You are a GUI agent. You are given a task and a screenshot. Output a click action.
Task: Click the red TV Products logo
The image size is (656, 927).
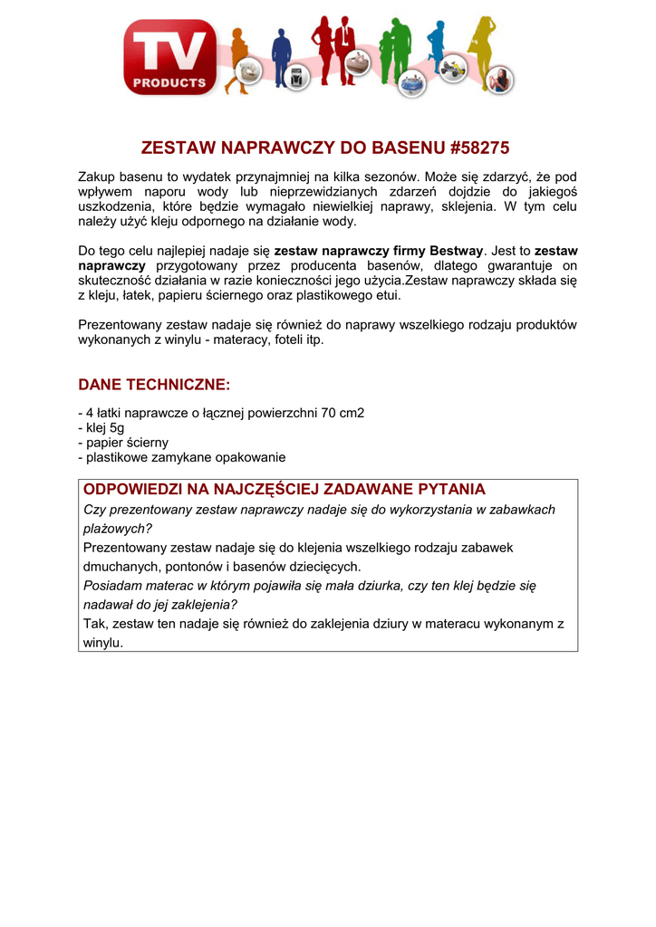coord(170,57)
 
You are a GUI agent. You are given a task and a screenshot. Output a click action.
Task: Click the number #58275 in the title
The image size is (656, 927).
coord(476,147)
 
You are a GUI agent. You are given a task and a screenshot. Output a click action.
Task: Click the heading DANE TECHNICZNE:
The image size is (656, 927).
coord(154,385)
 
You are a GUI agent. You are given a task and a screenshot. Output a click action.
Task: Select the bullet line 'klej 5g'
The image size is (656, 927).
coord(101,428)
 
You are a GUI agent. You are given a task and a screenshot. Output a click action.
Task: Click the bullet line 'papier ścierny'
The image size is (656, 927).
coord(123,443)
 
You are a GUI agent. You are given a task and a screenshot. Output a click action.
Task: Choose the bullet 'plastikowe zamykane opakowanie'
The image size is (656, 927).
coord(182,458)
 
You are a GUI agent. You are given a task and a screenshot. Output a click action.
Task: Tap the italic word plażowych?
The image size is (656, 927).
coord(118,529)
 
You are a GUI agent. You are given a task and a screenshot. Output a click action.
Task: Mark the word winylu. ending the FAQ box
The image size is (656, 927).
coord(102,643)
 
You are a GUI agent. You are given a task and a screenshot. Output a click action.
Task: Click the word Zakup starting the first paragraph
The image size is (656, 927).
coord(98,177)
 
